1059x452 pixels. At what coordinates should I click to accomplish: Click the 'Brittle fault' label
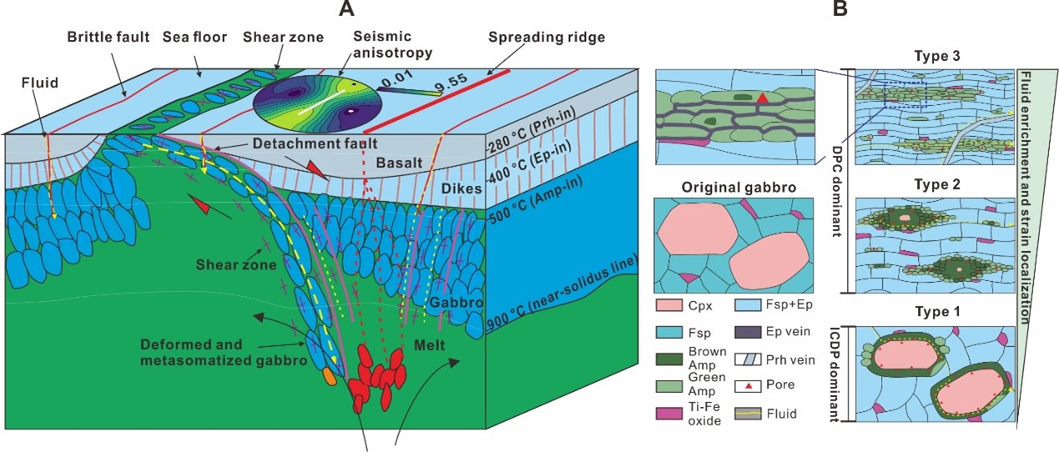(108, 38)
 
